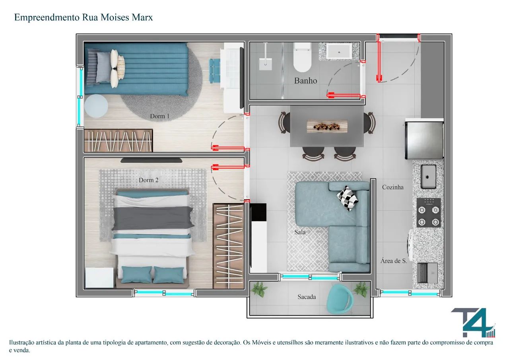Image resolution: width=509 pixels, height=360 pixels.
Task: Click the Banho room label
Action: click(305, 81)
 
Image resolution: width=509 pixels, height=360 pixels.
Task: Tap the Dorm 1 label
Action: click(159, 116)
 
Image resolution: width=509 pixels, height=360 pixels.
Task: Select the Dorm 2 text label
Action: click(148, 180)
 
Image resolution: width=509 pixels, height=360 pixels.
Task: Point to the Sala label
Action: click(300, 232)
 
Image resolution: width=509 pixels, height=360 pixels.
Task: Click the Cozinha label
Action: click(392, 187)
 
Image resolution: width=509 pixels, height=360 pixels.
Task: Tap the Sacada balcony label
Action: click(307, 297)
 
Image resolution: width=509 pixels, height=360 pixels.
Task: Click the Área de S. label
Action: click(394, 261)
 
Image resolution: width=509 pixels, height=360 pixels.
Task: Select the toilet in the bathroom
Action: click(302, 57)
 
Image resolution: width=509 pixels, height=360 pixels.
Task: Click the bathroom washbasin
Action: click(339, 52)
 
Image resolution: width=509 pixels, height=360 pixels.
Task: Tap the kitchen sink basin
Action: click(429, 177)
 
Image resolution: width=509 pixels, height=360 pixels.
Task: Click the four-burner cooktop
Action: click(429, 213)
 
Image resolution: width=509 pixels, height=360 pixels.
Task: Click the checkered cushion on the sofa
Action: click(347, 198)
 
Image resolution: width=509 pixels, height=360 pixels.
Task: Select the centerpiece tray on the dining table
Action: click(327, 126)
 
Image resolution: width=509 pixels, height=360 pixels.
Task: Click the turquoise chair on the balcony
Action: click(340, 299)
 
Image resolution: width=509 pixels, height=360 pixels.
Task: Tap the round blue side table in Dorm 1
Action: click(96, 106)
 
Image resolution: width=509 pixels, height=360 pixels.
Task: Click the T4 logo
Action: click(473, 323)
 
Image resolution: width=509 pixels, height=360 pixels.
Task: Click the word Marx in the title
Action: click(142, 17)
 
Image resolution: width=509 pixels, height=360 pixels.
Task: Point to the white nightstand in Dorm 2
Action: click(99, 278)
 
